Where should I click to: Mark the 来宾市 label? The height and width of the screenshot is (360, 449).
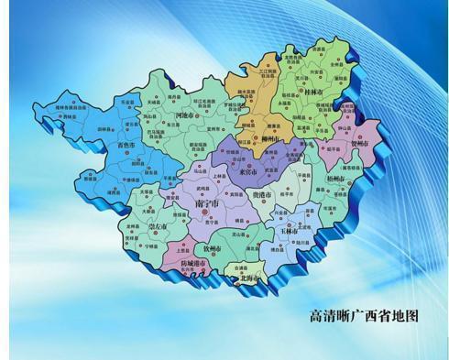click(x=247, y=171)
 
